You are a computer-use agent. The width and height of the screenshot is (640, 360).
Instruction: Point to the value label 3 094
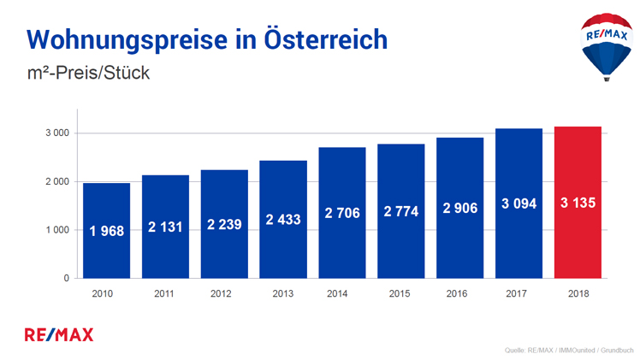519,204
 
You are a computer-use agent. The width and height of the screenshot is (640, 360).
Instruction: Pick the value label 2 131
165,227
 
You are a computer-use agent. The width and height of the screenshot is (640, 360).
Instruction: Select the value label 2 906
459,210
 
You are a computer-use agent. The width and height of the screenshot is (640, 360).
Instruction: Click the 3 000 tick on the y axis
57,133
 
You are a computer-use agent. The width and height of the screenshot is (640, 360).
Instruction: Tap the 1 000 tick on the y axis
57,230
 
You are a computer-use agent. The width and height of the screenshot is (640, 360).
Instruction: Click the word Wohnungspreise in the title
117,39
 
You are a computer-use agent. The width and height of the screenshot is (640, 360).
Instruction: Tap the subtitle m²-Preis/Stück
88,74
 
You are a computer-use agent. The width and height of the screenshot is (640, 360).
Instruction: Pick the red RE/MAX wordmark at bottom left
60,333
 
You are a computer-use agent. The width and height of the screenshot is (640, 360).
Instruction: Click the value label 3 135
578,204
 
